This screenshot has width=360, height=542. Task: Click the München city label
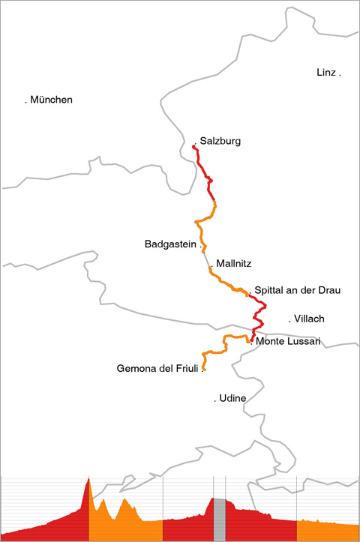click(x=51, y=100)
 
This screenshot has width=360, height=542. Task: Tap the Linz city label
click(x=326, y=72)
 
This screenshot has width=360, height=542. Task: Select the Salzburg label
click(x=220, y=141)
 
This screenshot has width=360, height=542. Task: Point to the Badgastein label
click(x=170, y=244)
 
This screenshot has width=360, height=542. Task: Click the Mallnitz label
click(x=234, y=263)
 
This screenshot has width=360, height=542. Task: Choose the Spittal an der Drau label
click(x=298, y=290)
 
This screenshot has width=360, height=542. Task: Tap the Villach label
click(x=309, y=319)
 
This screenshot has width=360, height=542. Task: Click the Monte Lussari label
click(x=288, y=341)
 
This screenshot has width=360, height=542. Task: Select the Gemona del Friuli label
click(x=157, y=369)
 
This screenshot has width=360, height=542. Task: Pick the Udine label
click(x=232, y=398)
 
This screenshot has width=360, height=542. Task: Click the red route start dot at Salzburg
click(x=193, y=147)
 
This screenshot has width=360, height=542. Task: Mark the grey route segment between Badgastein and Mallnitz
click(x=206, y=259)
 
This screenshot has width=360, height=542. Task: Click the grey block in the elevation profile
click(x=219, y=520)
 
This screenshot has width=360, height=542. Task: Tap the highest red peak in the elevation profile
click(x=88, y=478)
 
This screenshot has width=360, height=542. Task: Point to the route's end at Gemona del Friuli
click(x=203, y=369)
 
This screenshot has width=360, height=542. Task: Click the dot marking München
click(x=26, y=102)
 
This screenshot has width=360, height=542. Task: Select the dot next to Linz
click(x=340, y=75)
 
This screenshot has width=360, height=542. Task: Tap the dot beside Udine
click(x=215, y=401)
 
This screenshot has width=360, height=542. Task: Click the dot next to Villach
click(x=289, y=322)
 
